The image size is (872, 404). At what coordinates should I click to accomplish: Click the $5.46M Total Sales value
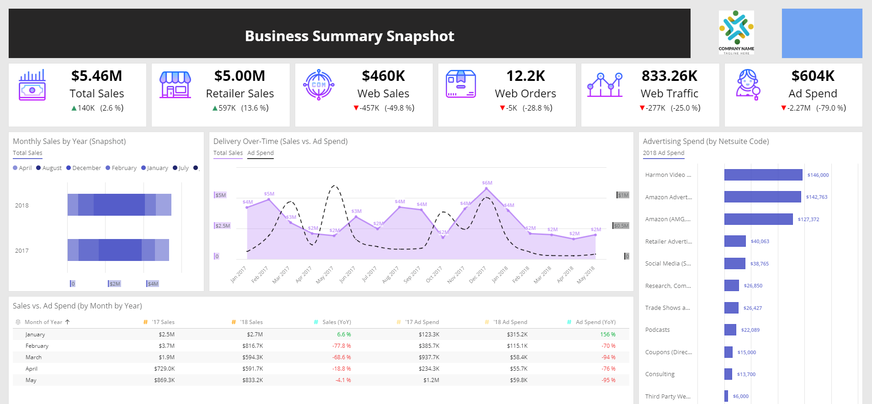tap(96, 76)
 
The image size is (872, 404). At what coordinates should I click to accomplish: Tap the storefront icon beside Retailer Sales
tap(175, 85)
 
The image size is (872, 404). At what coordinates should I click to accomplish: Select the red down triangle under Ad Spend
tap(783, 108)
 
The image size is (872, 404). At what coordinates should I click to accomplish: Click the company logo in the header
tap(736, 32)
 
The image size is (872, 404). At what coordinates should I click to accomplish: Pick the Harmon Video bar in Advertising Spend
tap(763, 175)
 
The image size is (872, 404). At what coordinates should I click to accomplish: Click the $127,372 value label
tap(808, 219)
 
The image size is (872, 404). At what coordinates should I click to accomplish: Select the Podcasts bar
tap(730, 330)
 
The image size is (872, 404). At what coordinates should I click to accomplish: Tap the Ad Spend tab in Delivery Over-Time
tap(261, 153)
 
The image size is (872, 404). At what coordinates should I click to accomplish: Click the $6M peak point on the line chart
tap(486, 188)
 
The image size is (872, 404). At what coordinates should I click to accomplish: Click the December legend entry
tap(84, 168)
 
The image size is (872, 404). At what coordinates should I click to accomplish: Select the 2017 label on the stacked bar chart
tap(22, 250)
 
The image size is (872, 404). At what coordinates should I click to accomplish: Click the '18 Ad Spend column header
tap(510, 322)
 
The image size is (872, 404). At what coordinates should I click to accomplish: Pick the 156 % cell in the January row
tap(607, 335)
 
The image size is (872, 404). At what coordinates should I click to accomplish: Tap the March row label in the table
tap(33, 357)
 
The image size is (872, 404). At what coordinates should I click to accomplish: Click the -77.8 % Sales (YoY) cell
tap(341, 346)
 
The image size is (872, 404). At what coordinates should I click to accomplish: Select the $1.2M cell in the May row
tap(431, 380)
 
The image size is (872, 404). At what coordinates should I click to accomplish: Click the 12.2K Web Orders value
tap(526, 76)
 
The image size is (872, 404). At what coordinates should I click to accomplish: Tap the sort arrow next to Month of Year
tap(68, 322)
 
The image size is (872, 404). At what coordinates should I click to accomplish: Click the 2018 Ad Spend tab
tap(664, 153)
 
